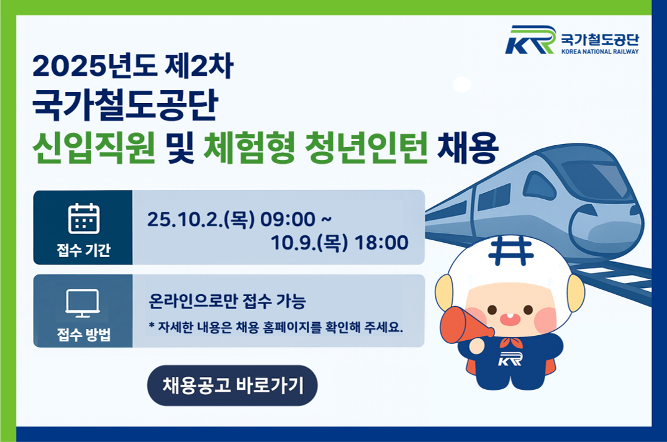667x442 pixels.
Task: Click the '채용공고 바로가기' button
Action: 232,386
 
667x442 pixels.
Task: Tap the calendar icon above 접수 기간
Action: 84,219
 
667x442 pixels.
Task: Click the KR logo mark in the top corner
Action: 530,40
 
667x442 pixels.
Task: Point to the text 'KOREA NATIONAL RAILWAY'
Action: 600,52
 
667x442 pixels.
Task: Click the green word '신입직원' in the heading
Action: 94,148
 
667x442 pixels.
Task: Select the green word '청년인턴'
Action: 366,148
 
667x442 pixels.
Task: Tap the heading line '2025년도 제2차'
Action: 133,66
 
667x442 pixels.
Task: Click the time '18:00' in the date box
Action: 381,243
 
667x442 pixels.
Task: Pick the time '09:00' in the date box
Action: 288,220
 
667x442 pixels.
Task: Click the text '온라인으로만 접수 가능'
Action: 227,300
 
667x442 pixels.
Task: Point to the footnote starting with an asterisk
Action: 276,327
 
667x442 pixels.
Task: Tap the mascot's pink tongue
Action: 509,319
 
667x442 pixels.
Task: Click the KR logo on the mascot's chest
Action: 510,359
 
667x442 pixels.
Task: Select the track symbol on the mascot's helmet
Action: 510,251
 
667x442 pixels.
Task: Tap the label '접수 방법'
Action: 84,335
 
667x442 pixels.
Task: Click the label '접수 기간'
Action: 84,250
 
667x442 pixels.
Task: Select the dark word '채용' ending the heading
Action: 468,148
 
